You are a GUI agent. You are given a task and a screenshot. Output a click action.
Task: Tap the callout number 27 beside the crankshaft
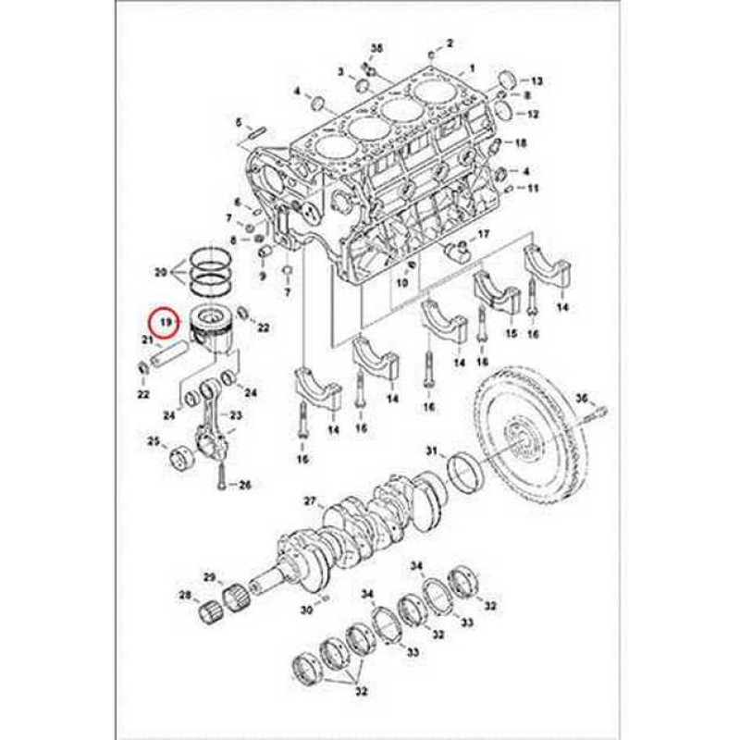click(310, 500)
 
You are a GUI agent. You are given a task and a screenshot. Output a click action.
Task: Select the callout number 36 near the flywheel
click(581, 398)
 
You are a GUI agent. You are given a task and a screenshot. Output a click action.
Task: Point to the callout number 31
click(431, 450)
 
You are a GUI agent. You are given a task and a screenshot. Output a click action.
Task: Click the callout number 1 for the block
click(472, 68)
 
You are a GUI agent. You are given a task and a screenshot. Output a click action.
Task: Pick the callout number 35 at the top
click(376, 47)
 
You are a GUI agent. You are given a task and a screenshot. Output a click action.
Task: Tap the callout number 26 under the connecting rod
click(245, 485)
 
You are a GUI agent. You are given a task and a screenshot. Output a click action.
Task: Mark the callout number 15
click(510, 333)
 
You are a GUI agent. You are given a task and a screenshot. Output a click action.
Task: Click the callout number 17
click(483, 234)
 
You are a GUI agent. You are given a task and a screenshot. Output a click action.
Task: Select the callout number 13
click(536, 81)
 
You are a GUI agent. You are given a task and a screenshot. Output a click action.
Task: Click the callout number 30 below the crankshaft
click(306, 610)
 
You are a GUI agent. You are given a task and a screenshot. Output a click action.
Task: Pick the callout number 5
click(238, 122)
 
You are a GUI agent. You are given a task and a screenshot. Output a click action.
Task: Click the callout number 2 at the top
click(450, 43)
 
